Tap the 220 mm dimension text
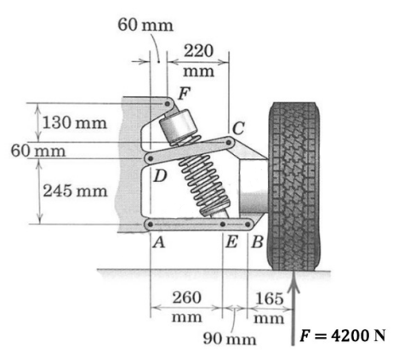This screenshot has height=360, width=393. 202,60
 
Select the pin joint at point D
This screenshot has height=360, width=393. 151,158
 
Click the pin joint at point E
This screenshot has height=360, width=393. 223,225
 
